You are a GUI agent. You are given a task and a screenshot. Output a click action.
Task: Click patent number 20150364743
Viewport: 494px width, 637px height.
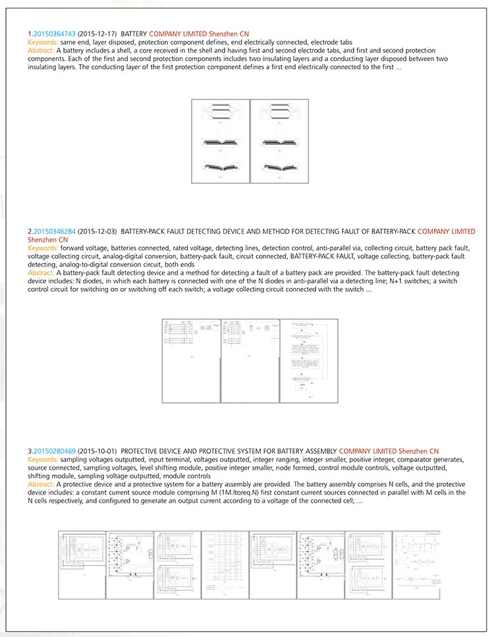(x=54, y=34)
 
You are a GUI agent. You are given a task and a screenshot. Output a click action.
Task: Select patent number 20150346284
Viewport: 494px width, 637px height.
(x=54, y=232)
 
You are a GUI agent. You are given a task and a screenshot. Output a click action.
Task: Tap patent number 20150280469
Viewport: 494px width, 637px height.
(x=54, y=451)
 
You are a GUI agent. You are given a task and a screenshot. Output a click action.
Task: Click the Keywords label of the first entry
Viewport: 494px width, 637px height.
(x=43, y=42)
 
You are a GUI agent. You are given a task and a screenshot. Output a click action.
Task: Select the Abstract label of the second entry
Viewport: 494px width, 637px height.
(x=41, y=273)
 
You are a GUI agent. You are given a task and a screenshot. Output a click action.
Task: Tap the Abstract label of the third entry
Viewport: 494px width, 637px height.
(x=41, y=484)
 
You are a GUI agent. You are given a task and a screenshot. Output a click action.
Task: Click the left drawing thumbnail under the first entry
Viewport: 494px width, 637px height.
(x=220, y=141)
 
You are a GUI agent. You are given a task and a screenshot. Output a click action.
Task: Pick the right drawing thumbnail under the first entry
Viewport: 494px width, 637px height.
(x=279, y=141)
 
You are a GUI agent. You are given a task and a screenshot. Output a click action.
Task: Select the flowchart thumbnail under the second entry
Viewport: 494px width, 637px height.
(x=309, y=360)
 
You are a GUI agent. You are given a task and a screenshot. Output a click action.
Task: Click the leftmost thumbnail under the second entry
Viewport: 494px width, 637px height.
(x=191, y=360)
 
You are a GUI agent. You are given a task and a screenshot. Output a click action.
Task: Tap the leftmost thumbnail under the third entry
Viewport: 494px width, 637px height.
(x=82, y=563)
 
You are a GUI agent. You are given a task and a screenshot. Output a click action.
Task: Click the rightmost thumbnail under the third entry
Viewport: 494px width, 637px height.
(x=416, y=563)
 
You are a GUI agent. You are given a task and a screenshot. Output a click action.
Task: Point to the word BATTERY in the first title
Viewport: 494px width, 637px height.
(x=134, y=34)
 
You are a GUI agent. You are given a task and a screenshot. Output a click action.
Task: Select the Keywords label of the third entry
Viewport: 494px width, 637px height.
(x=43, y=459)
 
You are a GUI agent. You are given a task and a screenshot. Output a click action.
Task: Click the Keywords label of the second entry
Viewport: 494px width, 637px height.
(x=43, y=248)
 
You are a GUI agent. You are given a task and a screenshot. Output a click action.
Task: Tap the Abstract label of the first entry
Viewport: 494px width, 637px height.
(x=41, y=50)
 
